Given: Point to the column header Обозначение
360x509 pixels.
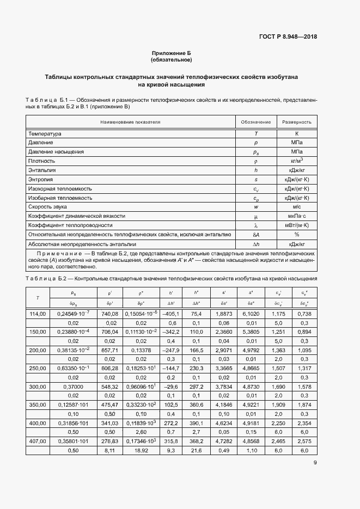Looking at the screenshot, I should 255,122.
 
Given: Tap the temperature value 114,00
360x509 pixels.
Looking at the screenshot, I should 38,314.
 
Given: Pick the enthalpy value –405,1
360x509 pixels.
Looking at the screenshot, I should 170,314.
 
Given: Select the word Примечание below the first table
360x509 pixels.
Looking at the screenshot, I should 58,254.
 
